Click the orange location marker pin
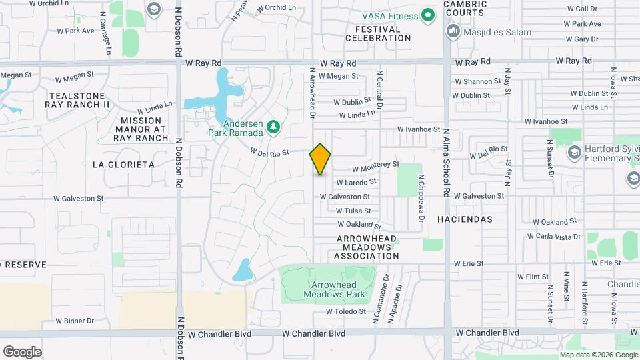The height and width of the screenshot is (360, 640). [x=320, y=159]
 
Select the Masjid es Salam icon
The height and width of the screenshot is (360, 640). [x=453, y=31]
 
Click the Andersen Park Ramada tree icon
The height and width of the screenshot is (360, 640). [x=272, y=126]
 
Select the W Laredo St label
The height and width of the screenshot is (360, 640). [x=356, y=181]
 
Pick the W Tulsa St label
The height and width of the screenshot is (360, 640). [x=353, y=211]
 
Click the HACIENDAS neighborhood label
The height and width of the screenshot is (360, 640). [x=465, y=219]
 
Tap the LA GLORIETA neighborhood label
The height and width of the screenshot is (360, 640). [x=123, y=165]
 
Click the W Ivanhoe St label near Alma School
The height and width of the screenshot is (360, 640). [x=419, y=129]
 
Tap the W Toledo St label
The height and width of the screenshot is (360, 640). [x=346, y=311]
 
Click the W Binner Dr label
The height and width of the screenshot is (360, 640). [x=75, y=321]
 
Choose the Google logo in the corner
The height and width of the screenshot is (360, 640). [x=22, y=352]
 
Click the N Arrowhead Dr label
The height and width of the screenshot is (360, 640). [x=312, y=93]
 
